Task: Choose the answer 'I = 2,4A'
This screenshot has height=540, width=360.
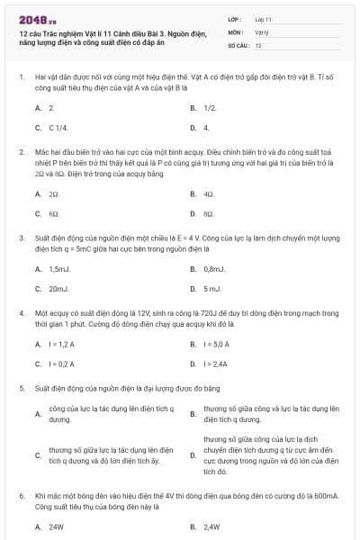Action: point(216,364)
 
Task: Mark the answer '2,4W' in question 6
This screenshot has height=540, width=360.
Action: point(211,526)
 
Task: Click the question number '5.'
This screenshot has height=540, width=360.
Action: point(21,388)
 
